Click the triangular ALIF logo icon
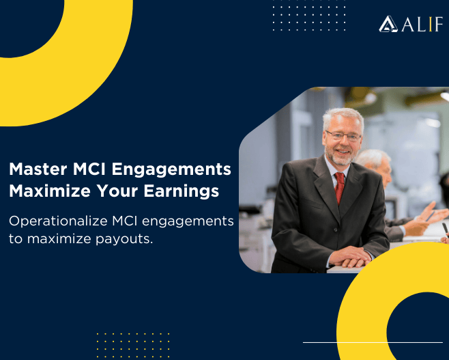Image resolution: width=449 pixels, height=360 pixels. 388,25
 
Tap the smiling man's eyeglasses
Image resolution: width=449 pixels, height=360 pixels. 343,137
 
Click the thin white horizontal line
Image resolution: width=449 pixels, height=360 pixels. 373,342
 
